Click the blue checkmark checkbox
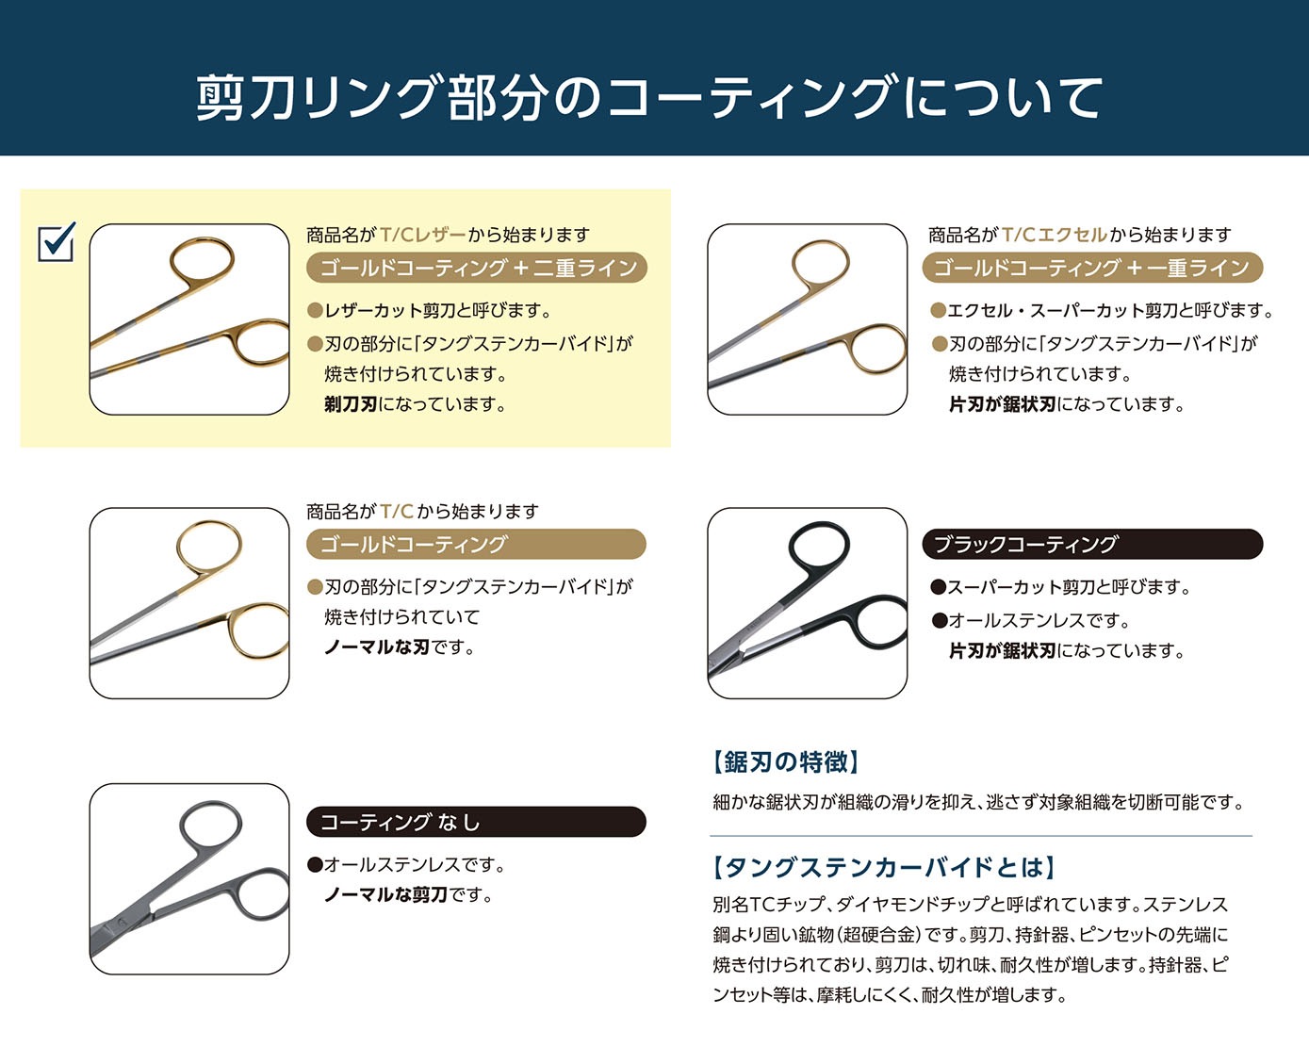pos(57,242)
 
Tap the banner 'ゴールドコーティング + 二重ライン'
pos(476,268)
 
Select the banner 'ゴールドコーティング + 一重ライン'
pos(1092,268)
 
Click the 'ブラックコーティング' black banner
pos(1092,544)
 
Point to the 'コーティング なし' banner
pos(476,822)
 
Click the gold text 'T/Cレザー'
pos(423,235)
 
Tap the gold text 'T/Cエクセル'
pos(1055,235)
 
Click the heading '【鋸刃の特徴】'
pos(785,761)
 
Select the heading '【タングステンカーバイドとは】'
pos(883,868)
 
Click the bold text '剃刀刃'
pos(351,404)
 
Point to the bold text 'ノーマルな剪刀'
pos(385,895)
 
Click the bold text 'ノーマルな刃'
pos(377,647)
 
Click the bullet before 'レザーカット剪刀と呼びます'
pos(315,311)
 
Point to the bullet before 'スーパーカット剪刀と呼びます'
pos(939,587)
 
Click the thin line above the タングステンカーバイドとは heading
pos(981,837)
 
